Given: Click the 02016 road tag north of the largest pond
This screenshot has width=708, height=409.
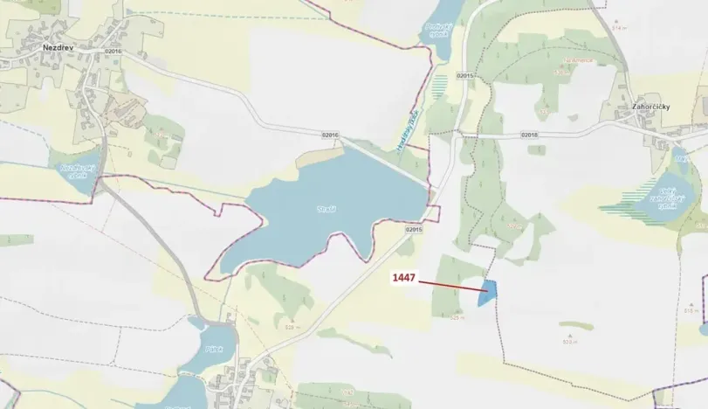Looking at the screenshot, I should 329,135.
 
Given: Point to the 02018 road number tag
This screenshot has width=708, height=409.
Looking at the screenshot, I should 529,135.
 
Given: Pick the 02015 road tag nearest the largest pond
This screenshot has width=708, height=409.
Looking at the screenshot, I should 414,229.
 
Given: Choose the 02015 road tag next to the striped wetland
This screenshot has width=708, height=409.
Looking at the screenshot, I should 464,76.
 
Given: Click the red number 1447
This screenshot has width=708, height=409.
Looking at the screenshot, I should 402,279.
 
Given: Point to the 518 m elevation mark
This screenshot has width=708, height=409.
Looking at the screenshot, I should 691,310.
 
